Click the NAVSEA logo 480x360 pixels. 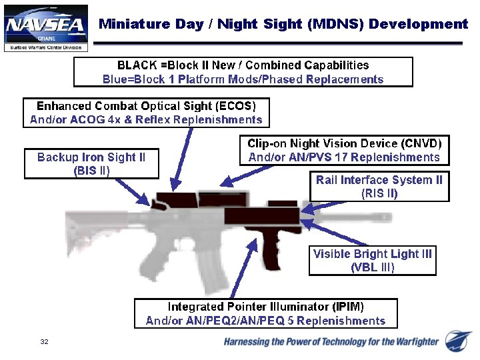point(45,27)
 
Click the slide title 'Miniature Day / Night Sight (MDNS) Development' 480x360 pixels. point(283,25)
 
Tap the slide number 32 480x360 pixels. point(44,342)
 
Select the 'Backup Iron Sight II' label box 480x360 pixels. point(91,164)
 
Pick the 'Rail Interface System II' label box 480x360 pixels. point(379,187)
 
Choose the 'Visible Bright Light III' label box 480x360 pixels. point(372,261)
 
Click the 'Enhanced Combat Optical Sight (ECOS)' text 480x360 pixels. point(146,106)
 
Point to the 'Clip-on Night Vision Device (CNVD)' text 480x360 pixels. point(344,144)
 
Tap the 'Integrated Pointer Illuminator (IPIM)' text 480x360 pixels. point(265,307)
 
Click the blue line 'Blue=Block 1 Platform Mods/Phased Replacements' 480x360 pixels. point(243,79)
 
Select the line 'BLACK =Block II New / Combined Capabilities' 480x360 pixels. point(243,65)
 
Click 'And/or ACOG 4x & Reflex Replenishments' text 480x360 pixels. point(146,120)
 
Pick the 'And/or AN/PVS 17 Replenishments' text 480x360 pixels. point(344,158)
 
